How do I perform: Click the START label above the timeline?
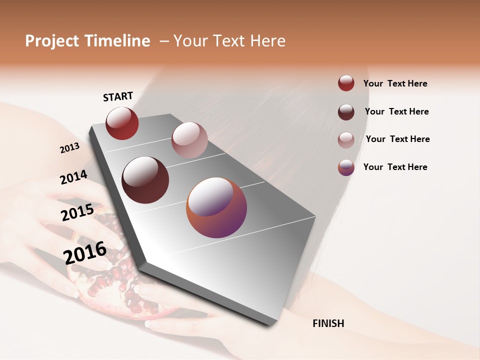118,96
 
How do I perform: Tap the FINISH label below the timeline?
328,323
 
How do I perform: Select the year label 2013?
70,147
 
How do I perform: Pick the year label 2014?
73,177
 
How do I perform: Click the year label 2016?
85,253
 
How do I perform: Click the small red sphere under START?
122,123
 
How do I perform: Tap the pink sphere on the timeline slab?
189,140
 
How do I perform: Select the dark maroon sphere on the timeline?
145,180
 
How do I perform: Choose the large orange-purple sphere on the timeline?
216,207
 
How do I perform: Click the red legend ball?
346,83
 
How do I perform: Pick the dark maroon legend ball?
346,111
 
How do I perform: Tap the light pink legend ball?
346,139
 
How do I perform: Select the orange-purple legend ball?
346,167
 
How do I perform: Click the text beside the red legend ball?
395,83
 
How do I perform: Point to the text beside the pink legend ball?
397,139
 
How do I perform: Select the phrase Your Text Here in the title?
229,41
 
